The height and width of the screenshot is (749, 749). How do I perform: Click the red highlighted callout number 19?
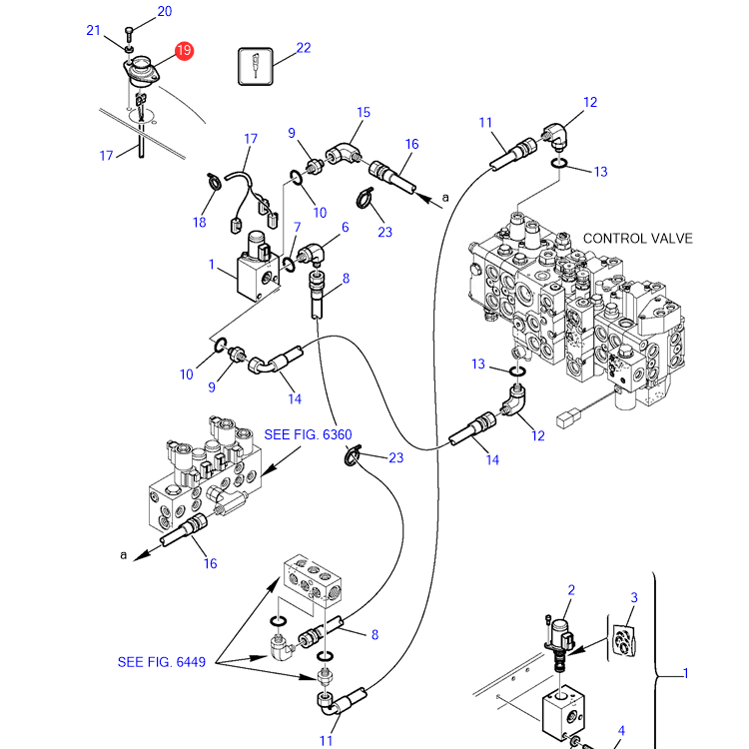coord(184,51)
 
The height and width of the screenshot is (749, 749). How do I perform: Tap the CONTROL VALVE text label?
coord(638,239)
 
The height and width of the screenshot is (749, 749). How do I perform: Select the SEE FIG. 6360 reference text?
coord(309,434)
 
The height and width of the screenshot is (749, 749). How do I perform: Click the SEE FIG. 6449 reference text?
coord(162,662)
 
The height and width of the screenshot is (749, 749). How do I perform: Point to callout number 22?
coord(304,48)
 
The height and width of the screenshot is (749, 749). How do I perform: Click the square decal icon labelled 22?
coord(256,66)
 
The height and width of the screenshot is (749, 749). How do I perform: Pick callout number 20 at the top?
coord(165,11)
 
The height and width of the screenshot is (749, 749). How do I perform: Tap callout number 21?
coord(93,31)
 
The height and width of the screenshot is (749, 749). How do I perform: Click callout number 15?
coord(364,112)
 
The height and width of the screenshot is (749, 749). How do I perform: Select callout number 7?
coord(298,227)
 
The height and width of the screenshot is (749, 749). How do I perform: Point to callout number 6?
coord(345,227)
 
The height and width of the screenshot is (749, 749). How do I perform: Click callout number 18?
coord(199,222)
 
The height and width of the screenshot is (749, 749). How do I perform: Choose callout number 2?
coord(571,590)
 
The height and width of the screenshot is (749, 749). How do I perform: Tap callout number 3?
coord(634,597)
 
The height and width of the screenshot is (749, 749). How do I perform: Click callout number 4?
coord(621,730)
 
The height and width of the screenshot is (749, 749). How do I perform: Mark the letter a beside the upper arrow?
coord(445,198)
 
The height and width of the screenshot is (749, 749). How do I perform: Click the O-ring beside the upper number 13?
coord(559,164)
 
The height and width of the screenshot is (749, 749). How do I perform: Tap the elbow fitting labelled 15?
coord(344,154)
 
